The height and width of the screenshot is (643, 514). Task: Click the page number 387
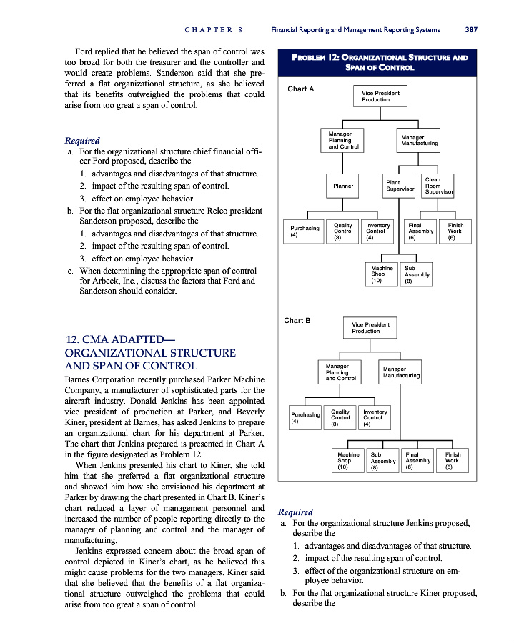pos(470,30)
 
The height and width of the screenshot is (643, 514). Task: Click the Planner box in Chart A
pos(343,186)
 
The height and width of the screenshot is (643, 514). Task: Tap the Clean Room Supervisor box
pos(438,186)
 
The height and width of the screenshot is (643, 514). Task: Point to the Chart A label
pos(300,89)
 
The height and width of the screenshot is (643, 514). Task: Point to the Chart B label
pos(297,321)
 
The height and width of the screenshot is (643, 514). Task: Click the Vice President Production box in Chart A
pos(375,96)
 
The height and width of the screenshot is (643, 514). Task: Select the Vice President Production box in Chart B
pos(371,328)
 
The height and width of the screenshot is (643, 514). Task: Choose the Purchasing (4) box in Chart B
pos(304,417)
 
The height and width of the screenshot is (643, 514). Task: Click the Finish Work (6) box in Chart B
pos(453,461)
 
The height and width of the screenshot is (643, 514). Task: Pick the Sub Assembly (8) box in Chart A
pos(417,274)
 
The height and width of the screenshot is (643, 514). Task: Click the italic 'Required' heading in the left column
pos(82,141)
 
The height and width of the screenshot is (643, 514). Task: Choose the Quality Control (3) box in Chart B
pos(340,417)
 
